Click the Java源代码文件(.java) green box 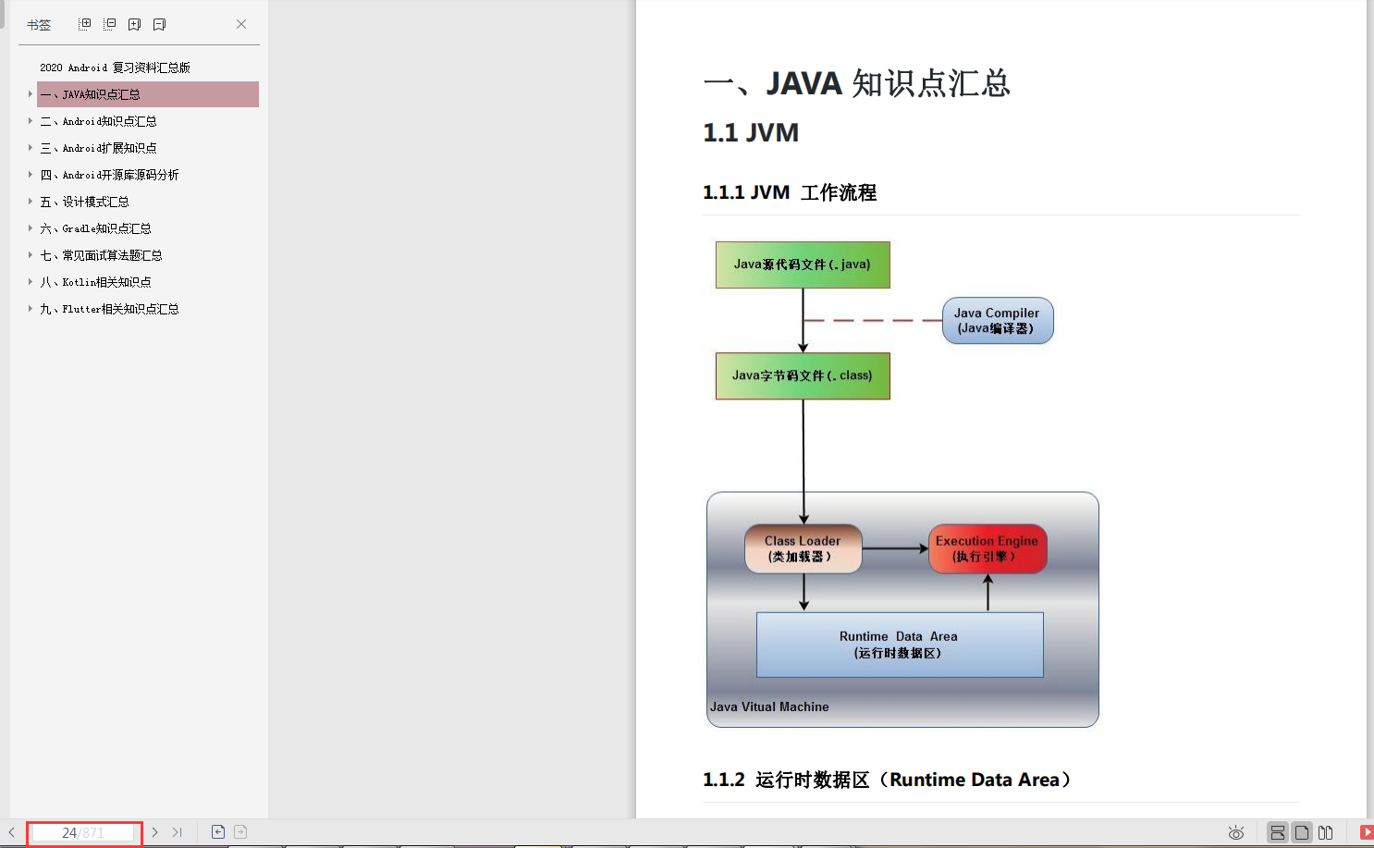point(802,264)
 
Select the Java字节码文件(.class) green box point(802,375)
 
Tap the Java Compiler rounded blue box point(997,320)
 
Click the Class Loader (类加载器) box point(802,548)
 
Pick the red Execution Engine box point(987,548)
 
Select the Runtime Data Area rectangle point(899,645)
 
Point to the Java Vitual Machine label point(769,707)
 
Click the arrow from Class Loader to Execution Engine point(894,548)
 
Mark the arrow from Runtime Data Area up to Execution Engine point(988,593)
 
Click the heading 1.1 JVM point(750,133)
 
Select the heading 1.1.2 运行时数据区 point(886,780)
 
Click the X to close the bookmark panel point(241,24)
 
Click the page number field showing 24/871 point(82,832)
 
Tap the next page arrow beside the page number point(154,832)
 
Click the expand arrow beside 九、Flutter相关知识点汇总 point(30,309)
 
